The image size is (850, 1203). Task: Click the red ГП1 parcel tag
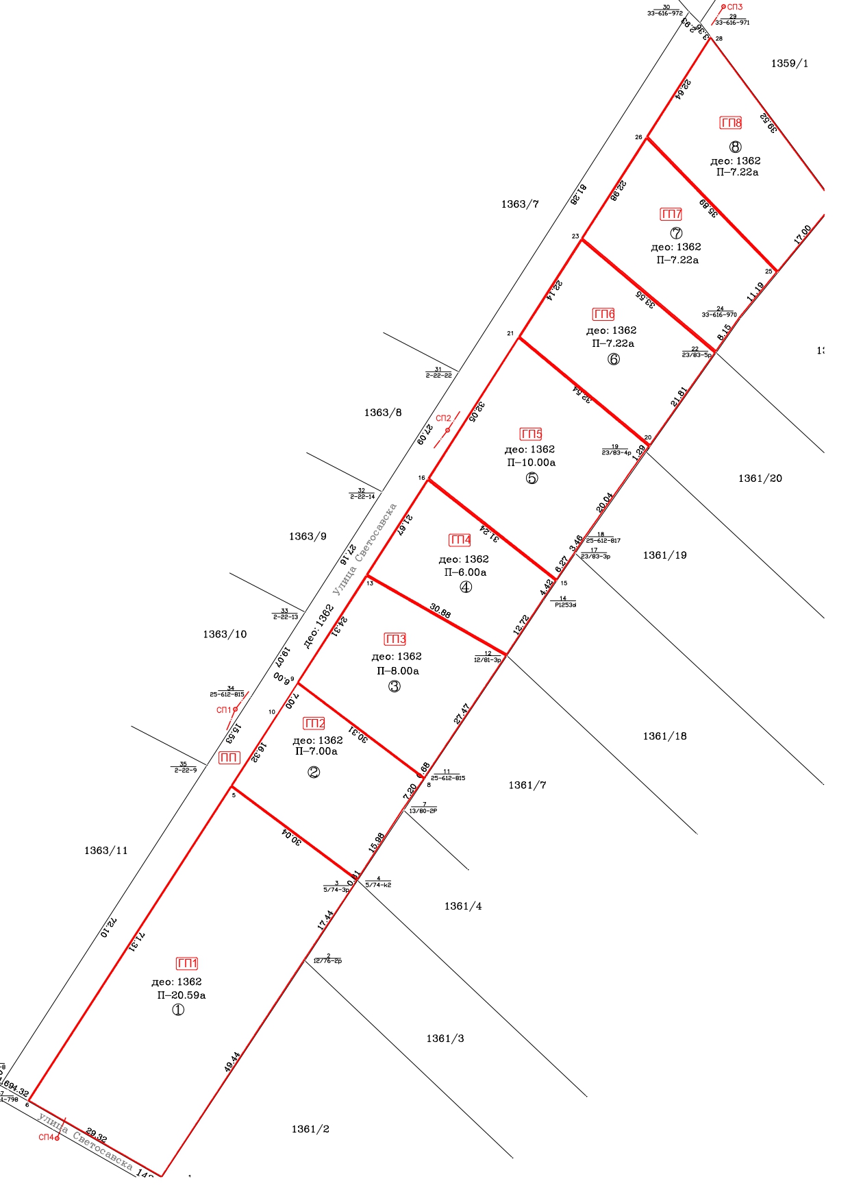[187, 963]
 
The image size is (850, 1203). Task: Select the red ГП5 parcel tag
[532, 434]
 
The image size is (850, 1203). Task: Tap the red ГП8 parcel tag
[731, 123]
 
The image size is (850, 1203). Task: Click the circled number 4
[466, 587]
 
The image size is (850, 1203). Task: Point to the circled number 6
[614, 359]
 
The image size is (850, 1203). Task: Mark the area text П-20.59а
[182, 995]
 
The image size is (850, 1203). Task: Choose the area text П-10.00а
[532, 463]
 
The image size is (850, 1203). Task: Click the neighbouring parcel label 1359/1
[789, 64]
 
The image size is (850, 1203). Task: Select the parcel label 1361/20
[760, 478]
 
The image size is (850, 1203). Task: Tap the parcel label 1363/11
[106, 851]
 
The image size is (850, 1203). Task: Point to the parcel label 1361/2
[310, 1129]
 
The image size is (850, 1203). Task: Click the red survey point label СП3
[735, 8]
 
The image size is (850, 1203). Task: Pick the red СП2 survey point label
[443, 418]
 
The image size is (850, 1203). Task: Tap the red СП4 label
[46, 1137]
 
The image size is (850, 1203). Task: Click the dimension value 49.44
[232, 1062]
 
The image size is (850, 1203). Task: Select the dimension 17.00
[802, 234]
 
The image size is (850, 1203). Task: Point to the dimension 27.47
[462, 714]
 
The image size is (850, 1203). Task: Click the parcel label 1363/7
[520, 204]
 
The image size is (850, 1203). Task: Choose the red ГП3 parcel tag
[396, 639]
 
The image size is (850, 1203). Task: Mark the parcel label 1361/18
[664, 736]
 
